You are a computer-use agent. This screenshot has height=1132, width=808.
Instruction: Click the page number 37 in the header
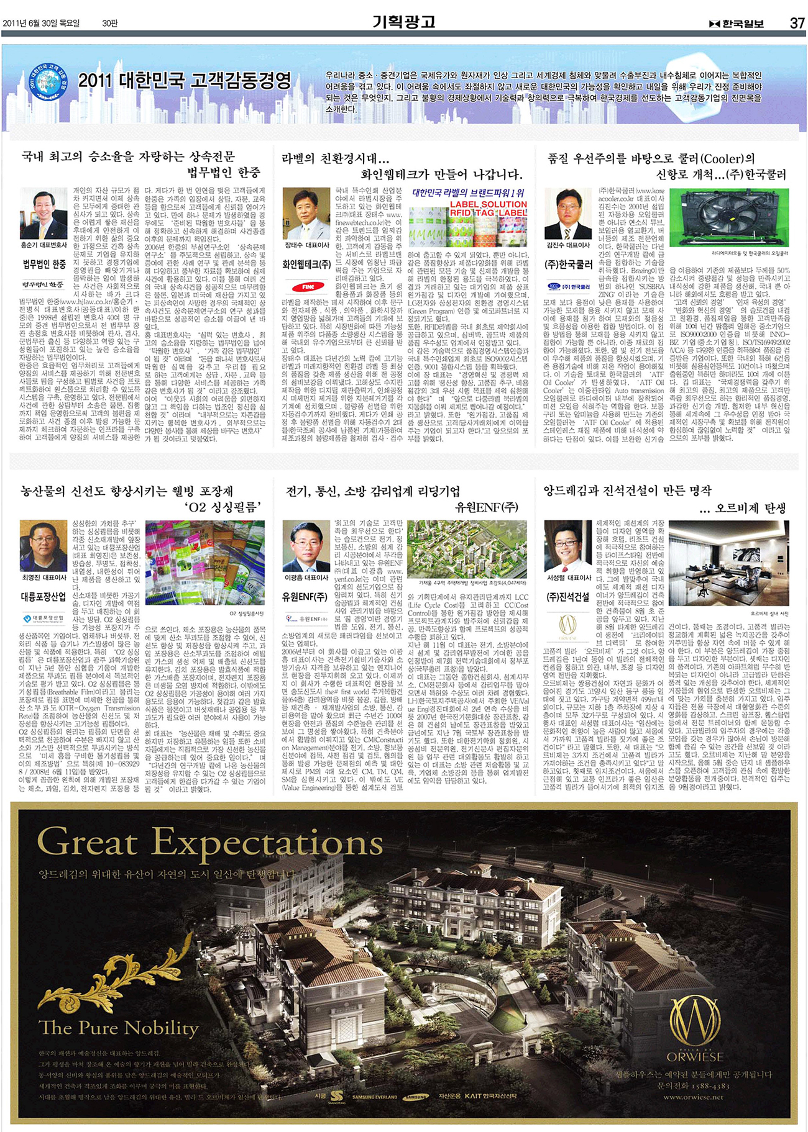[797, 24]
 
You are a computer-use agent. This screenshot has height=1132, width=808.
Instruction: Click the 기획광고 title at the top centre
[403, 22]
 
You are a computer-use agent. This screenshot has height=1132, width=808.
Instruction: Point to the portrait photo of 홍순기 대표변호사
[44, 213]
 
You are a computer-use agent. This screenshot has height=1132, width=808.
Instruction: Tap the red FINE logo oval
[309, 287]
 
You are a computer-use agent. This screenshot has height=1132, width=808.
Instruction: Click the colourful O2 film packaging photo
[204, 563]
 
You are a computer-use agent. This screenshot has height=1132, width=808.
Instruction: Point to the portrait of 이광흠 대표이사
[306, 545]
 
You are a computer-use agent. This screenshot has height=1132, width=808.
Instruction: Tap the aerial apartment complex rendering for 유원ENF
[467, 549]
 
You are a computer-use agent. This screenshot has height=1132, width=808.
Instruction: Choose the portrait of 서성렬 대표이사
[568, 545]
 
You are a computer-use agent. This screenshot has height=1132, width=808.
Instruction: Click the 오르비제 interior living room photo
[728, 562]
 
